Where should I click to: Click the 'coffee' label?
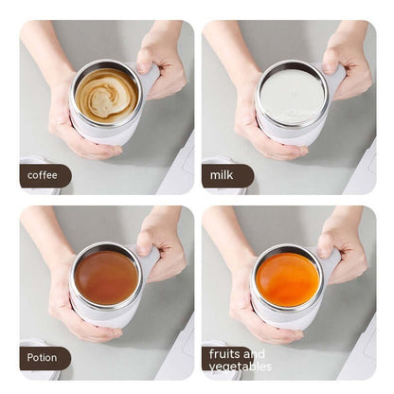[43, 175]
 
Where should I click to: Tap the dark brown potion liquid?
[106, 277]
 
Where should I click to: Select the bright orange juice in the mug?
[288, 278]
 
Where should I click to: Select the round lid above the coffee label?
[34, 160]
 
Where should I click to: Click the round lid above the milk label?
[216, 160]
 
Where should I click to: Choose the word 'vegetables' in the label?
[241, 367]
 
